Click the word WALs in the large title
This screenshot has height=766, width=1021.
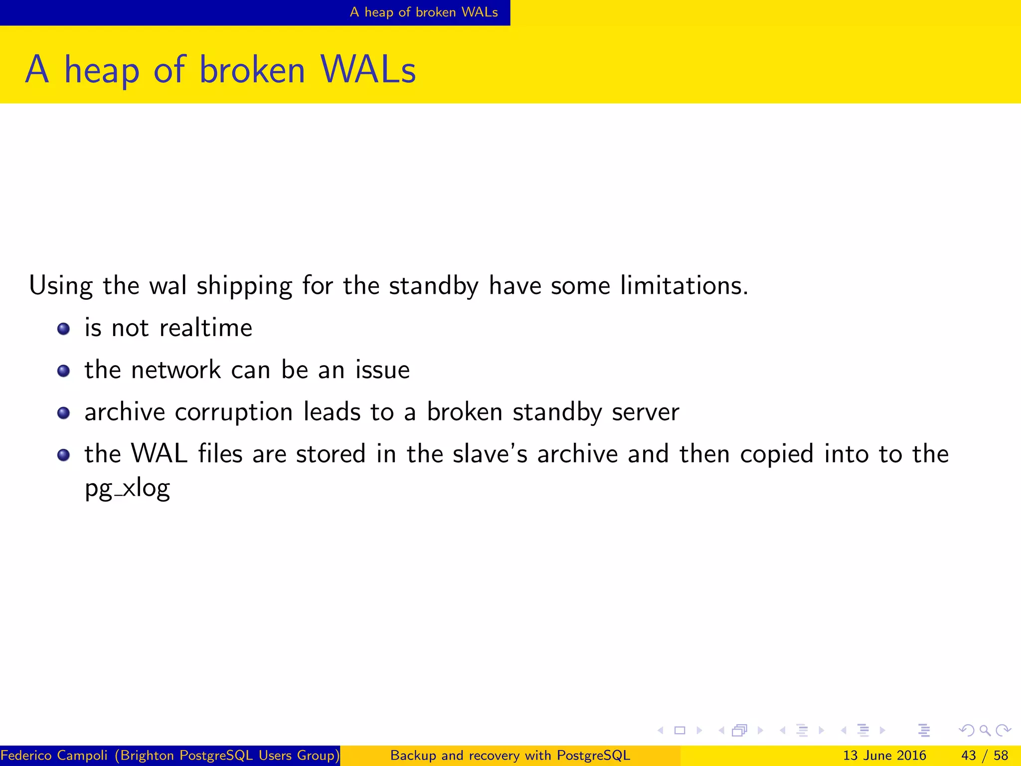coord(368,69)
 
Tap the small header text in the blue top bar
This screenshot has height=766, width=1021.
coord(424,12)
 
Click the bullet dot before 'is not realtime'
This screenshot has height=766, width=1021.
coord(63,329)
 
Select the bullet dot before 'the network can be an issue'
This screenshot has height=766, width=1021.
coord(63,371)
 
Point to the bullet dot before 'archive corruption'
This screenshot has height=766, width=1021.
coord(63,413)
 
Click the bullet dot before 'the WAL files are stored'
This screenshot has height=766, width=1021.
coord(63,455)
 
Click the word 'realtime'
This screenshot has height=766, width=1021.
coord(205,328)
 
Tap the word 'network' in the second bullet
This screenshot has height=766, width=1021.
coord(176,370)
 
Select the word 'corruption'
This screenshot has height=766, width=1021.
coord(234,412)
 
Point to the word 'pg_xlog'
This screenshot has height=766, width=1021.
coord(128,488)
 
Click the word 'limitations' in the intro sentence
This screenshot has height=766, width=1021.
coord(683,286)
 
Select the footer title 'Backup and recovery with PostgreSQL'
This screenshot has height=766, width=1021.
coord(510,756)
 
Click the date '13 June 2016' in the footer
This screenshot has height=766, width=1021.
coord(884,756)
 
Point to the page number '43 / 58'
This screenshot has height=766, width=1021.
coord(985,756)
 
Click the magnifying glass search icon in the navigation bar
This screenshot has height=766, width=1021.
coord(985,731)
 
